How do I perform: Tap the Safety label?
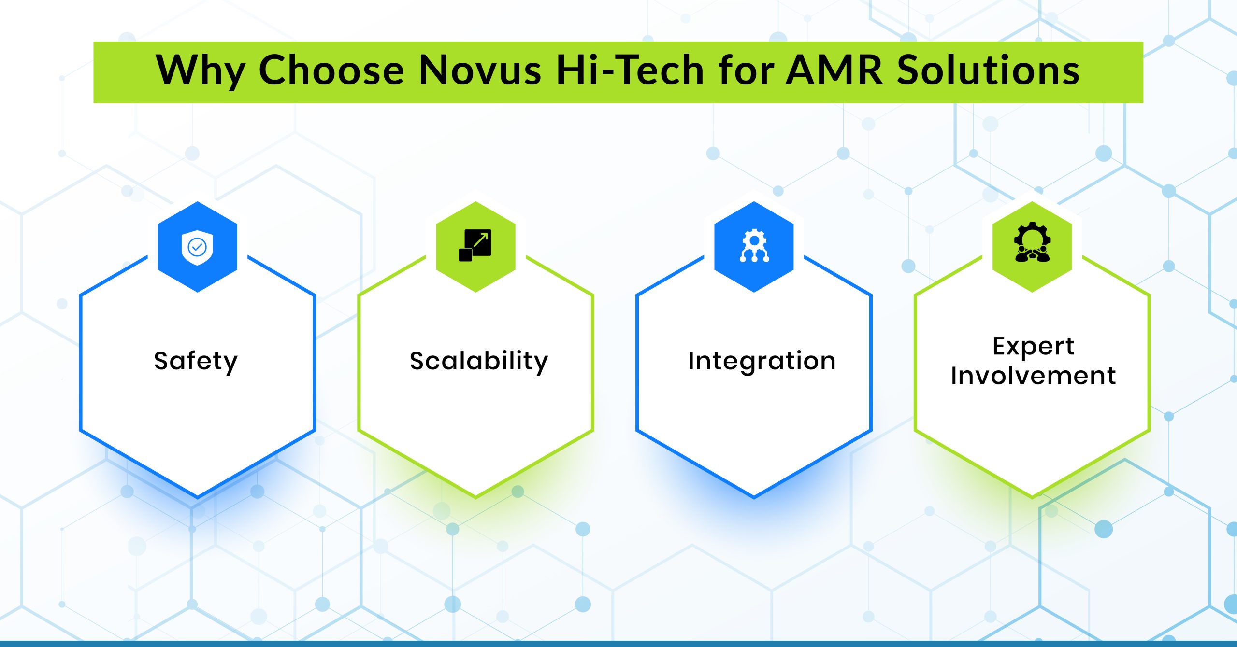pyautogui.click(x=196, y=362)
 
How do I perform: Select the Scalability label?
pyautogui.click(x=479, y=361)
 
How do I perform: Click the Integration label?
pyautogui.click(x=762, y=362)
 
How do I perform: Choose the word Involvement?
pyautogui.click(x=1033, y=376)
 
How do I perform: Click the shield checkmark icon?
pyautogui.click(x=197, y=248)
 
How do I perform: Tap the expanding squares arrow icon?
pyautogui.click(x=475, y=245)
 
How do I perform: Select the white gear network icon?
pyautogui.click(x=754, y=246)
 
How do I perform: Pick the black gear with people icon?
pyautogui.click(x=1032, y=242)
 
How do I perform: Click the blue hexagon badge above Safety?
pyautogui.click(x=198, y=247)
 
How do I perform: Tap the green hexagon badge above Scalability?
pyautogui.click(x=475, y=247)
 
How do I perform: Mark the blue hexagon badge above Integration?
pyautogui.click(x=754, y=247)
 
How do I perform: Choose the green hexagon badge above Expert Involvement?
pyautogui.click(x=1032, y=247)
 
